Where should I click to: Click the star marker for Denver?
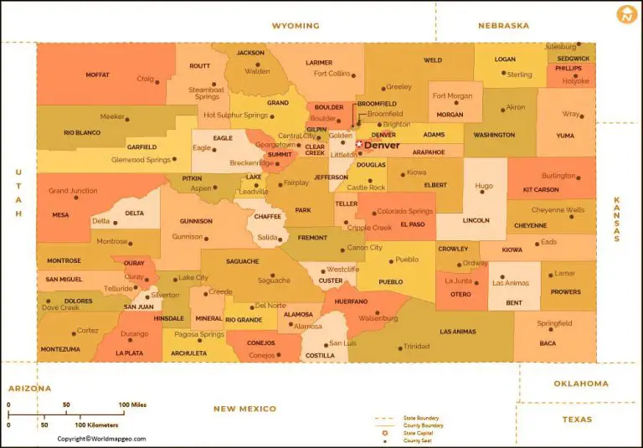pos(359,145)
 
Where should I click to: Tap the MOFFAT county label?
pos(97,75)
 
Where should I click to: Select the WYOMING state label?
pos(296,26)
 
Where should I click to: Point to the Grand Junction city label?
pos(73,191)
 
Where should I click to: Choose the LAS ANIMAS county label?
pos(457,332)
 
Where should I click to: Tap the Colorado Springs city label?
pos(405,212)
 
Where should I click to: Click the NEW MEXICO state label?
pos(244,409)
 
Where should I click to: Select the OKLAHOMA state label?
pos(581,384)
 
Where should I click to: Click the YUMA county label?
pos(566,135)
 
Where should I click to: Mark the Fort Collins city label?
pos(332,74)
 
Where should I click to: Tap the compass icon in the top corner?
pos(626,14)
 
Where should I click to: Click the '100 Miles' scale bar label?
pos(132,405)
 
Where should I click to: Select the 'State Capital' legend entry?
pos(419,433)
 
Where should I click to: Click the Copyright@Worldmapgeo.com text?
pos(101,438)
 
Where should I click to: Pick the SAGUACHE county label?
pos(243,261)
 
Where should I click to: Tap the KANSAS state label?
pos(617,219)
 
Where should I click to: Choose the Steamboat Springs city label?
pos(205,93)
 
